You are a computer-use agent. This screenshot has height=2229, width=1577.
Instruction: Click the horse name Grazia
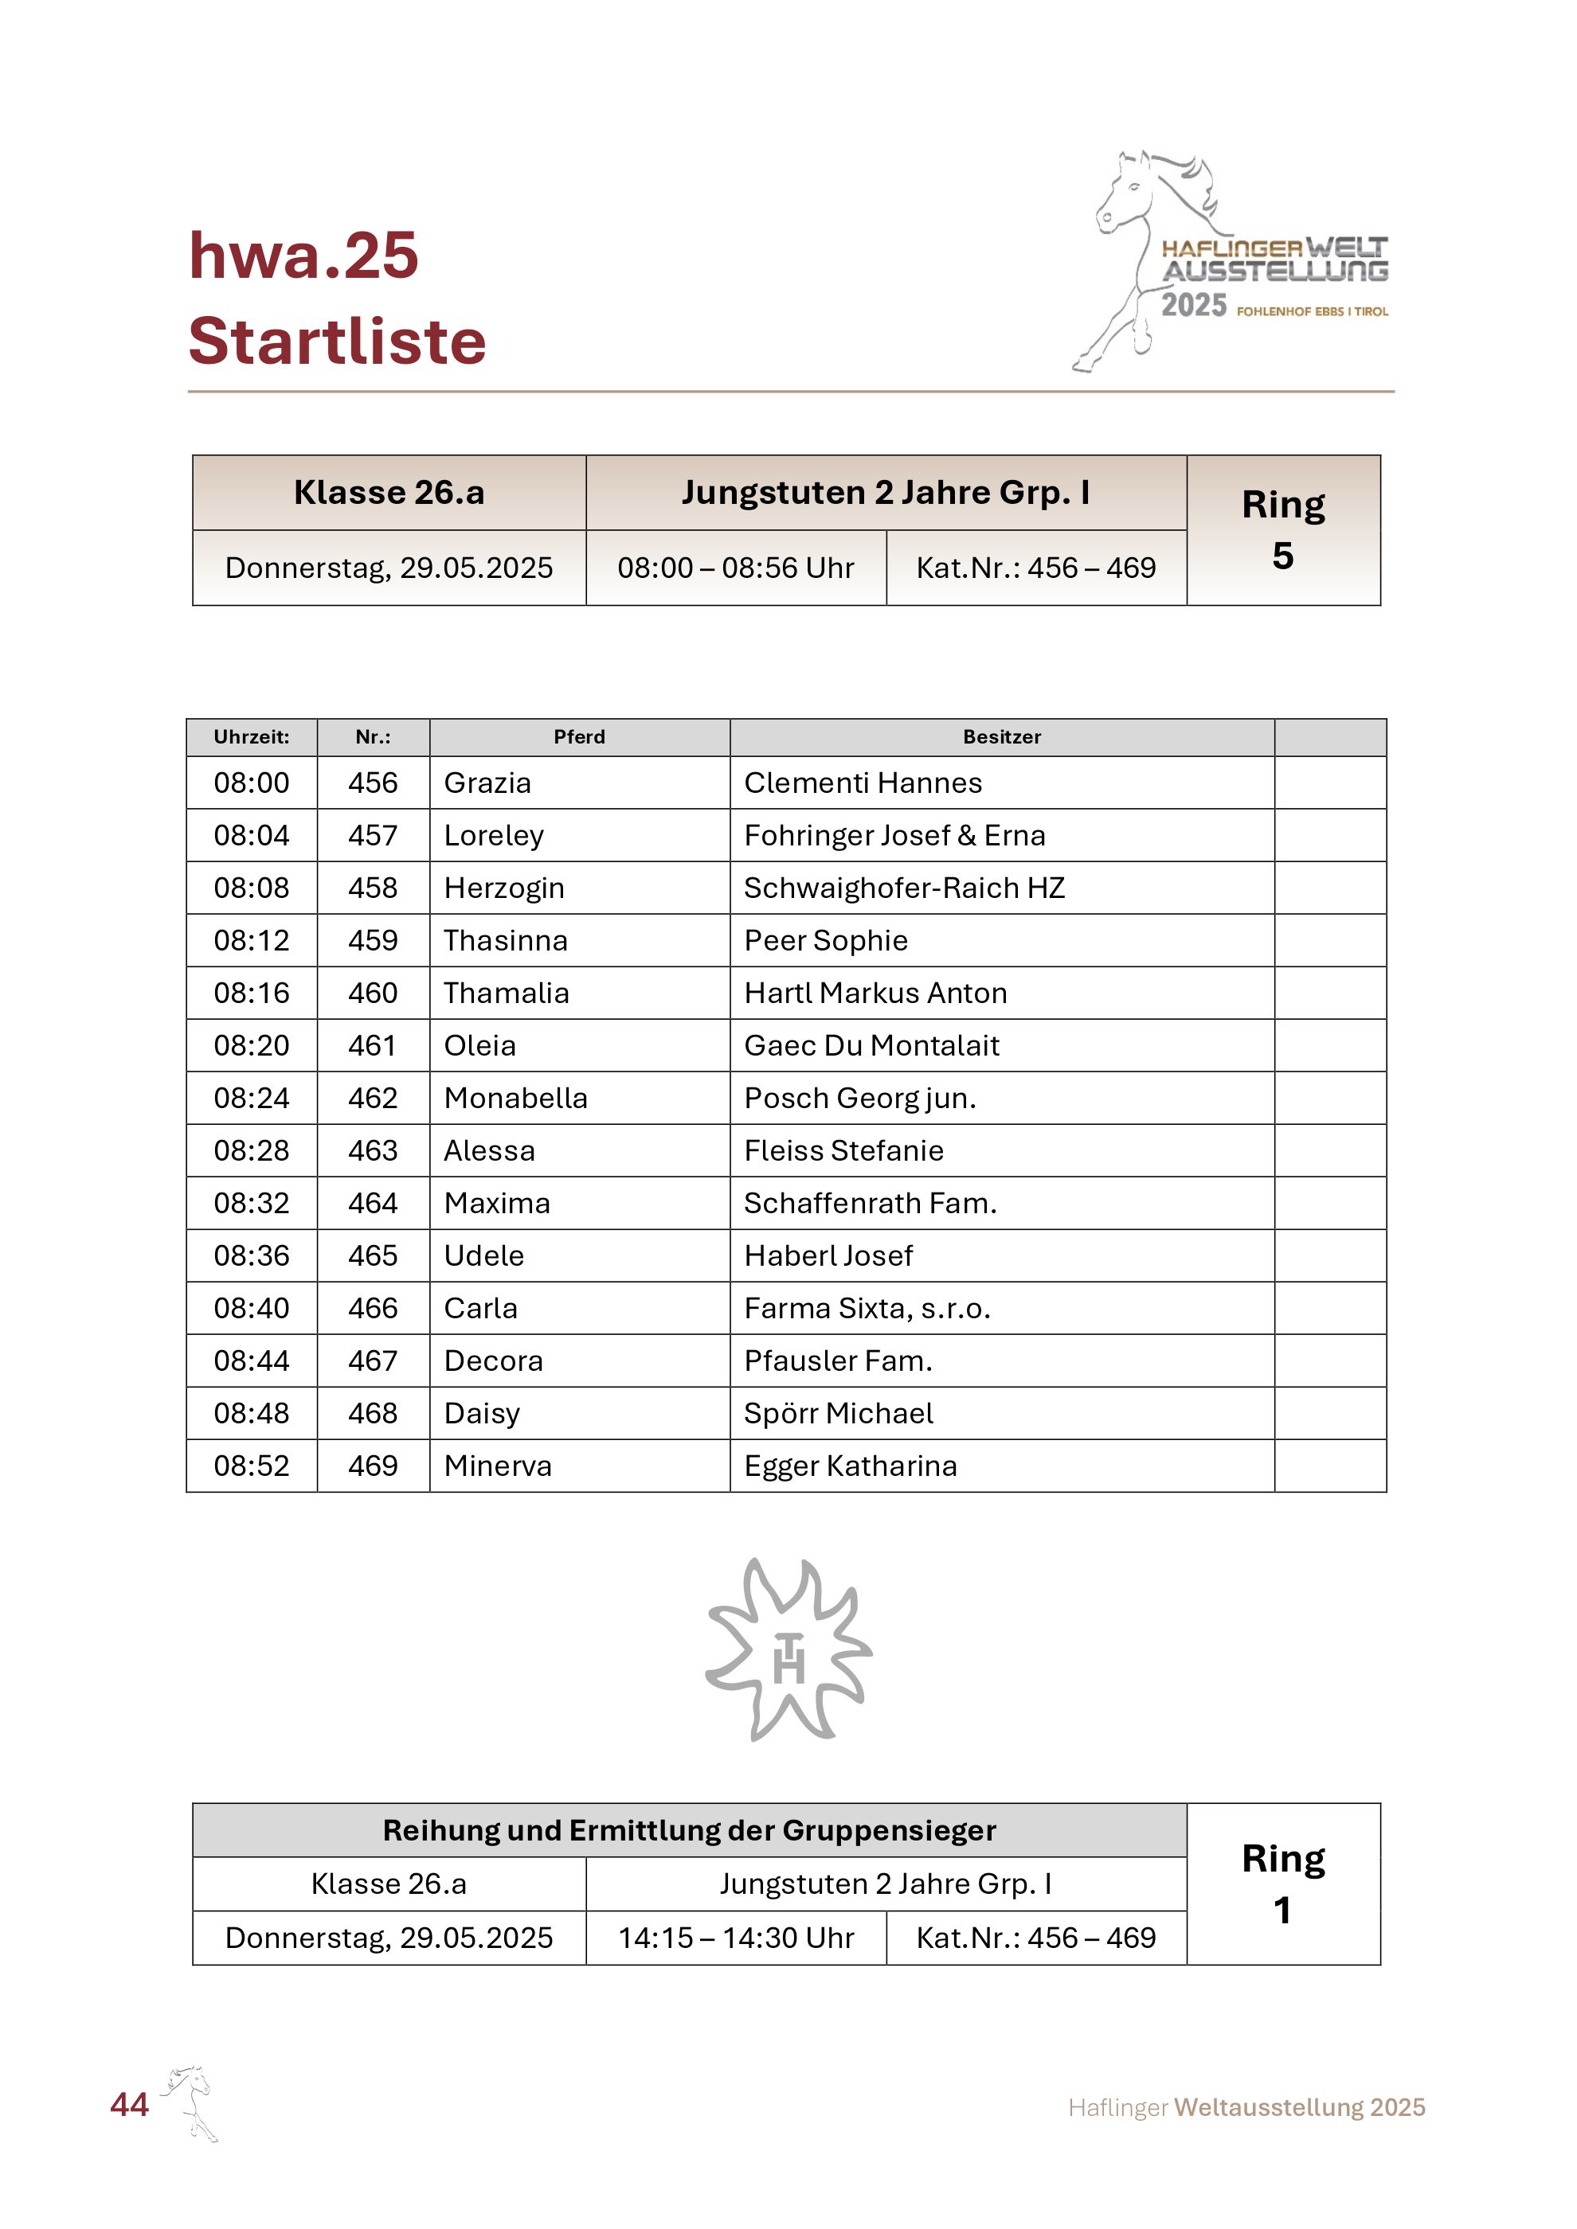[487, 783]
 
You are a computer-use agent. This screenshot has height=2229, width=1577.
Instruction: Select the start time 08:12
[252, 939]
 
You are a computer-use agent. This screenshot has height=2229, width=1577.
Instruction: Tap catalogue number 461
[373, 1045]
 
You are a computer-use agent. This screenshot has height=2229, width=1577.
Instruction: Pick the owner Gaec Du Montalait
[871, 1045]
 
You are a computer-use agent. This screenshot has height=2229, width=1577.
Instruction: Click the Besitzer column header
[1001, 737]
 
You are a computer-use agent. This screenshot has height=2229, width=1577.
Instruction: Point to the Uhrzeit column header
[252, 737]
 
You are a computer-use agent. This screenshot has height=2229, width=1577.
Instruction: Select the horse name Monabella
[515, 1098]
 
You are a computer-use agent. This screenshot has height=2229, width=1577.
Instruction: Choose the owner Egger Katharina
[850, 1465]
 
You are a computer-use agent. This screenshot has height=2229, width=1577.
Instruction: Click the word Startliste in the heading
[337, 341]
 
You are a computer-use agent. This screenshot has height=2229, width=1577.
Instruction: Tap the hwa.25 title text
[303, 256]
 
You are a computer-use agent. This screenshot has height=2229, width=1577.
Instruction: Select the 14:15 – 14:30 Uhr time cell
[736, 1938]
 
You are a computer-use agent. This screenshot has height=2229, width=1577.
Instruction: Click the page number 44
[129, 2104]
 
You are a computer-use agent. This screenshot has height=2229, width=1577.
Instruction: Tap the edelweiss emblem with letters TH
[788, 1650]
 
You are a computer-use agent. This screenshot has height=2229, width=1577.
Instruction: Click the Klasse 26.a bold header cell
[389, 492]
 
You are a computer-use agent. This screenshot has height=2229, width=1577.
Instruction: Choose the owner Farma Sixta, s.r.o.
[867, 1308]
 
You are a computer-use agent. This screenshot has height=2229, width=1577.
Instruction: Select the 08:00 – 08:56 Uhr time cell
[736, 568]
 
